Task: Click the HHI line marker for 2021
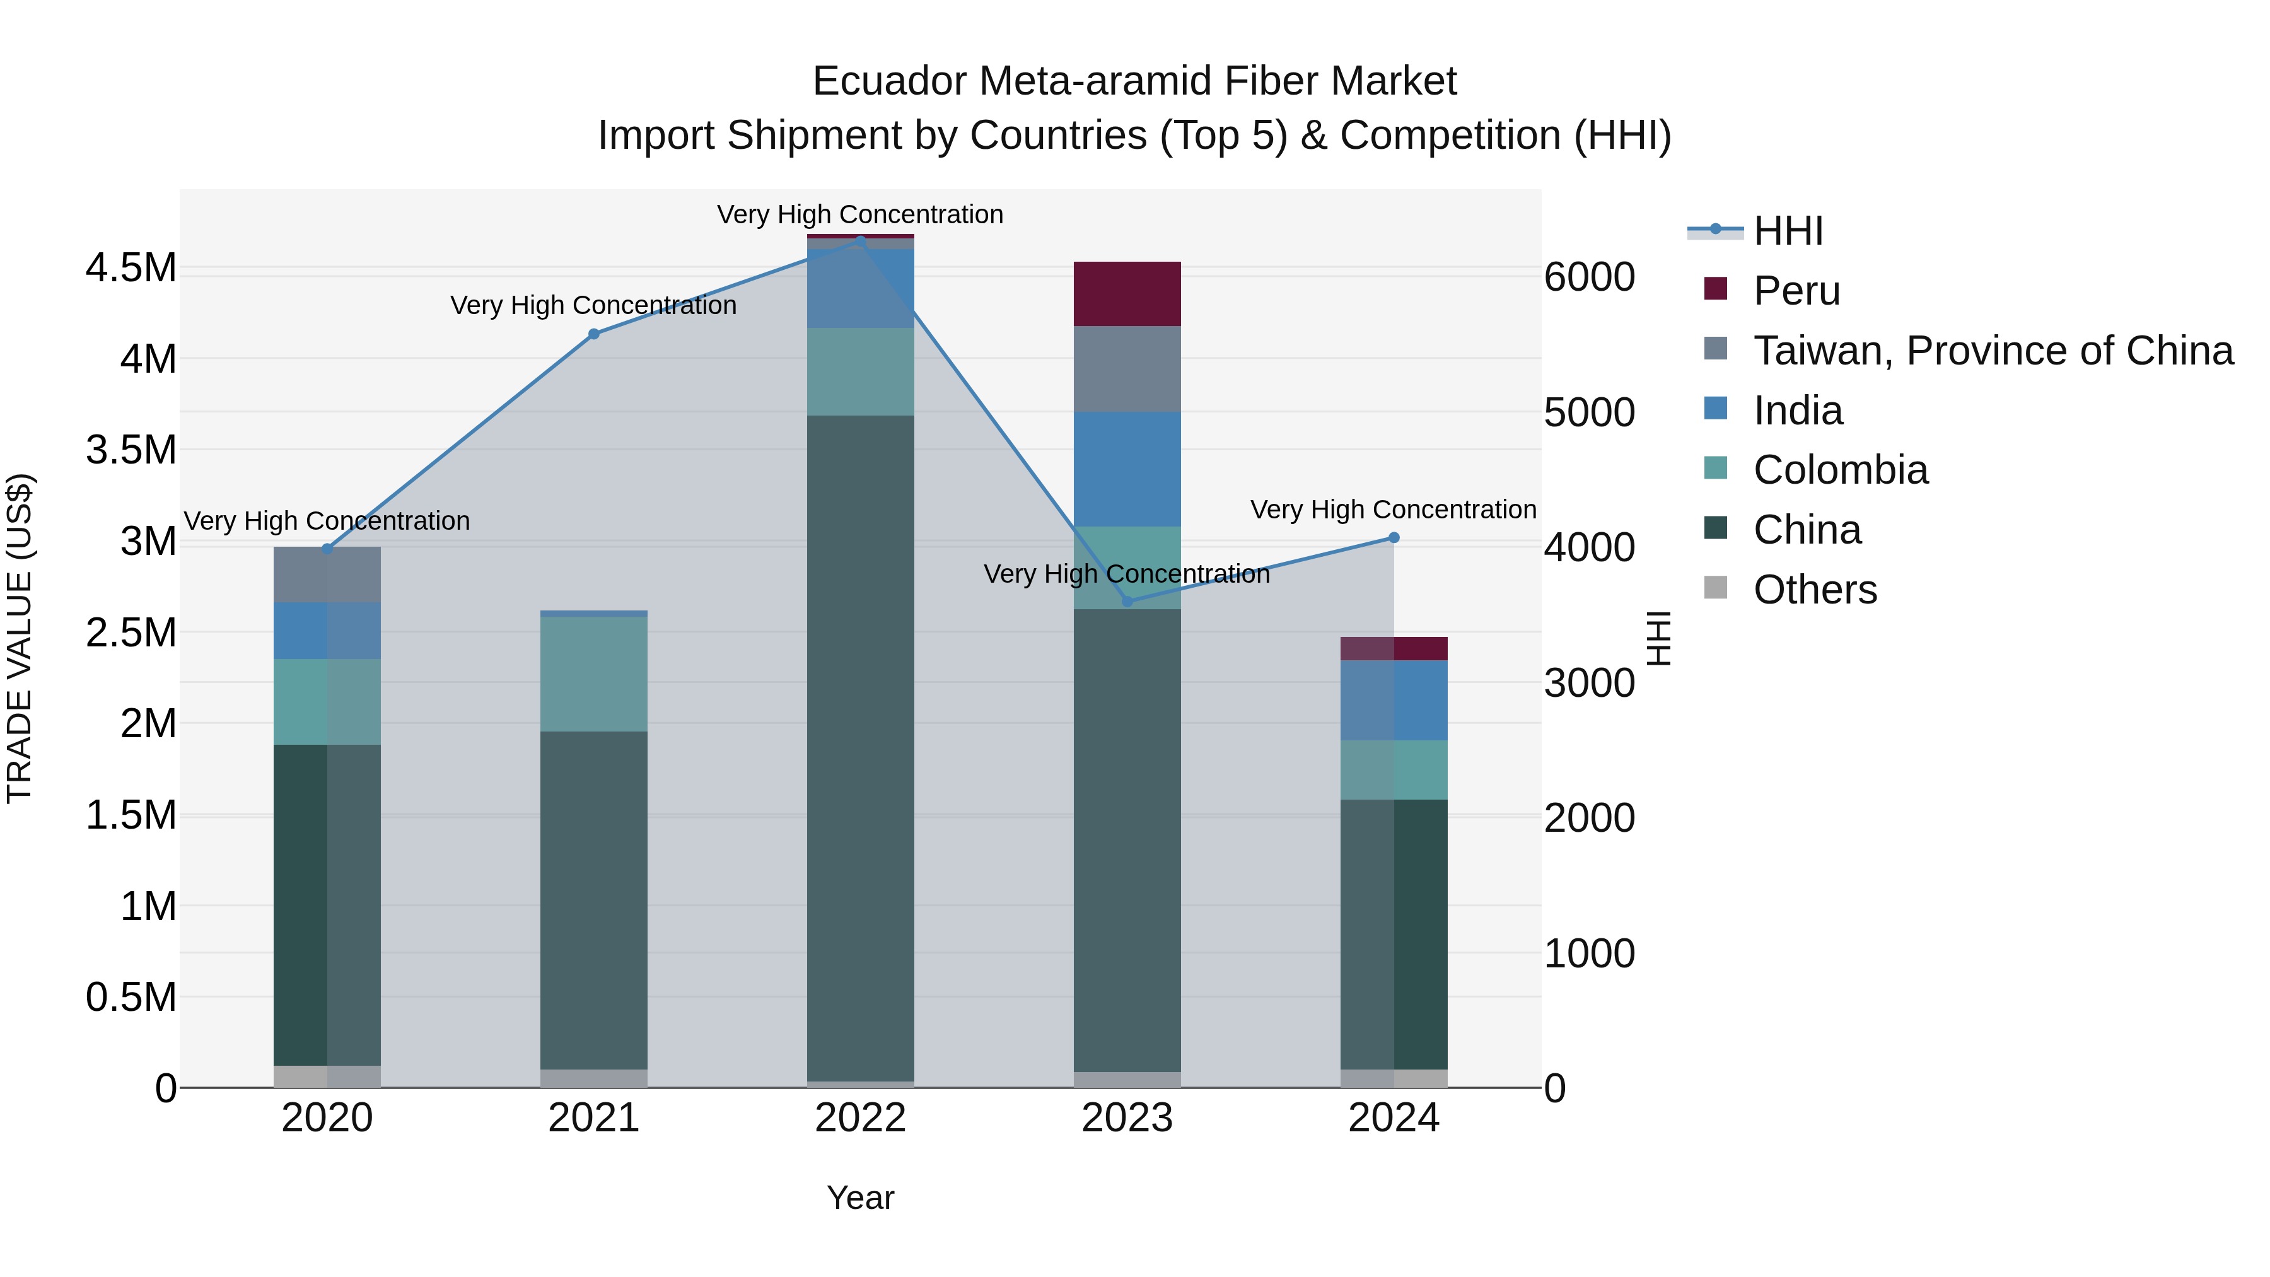pos(593,334)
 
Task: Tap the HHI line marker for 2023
pos(1127,602)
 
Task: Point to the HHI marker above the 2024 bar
pos(1393,537)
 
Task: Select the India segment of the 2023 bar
pos(1127,469)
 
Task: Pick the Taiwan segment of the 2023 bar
pos(1127,368)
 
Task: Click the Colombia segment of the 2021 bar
pos(593,673)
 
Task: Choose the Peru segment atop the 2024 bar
pos(1393,649)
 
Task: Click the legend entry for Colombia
pos(1840,470)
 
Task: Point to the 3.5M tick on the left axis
pos(131,450)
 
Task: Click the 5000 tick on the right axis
pos(1589,412)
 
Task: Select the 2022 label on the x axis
pos(860,1118)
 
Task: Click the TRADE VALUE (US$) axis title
pos(20,638)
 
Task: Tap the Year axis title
pos(860,1198)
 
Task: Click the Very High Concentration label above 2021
pos(593,305)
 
